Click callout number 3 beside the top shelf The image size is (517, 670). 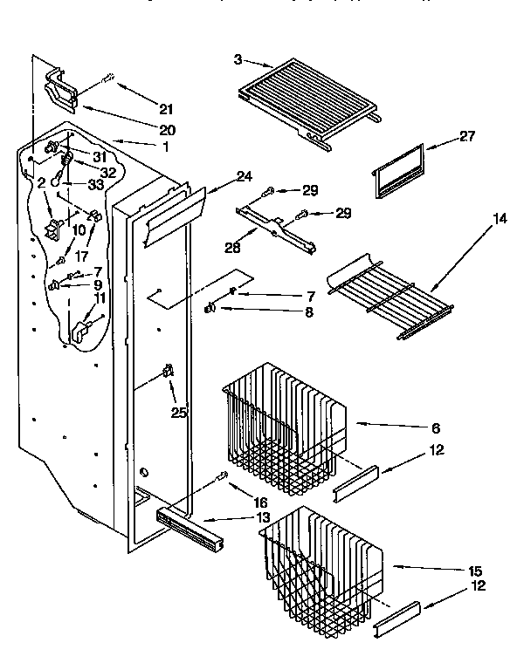238,59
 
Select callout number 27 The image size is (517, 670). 468,136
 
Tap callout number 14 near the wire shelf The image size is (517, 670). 500,218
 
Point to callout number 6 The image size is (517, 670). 435,427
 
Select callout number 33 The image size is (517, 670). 96,185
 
